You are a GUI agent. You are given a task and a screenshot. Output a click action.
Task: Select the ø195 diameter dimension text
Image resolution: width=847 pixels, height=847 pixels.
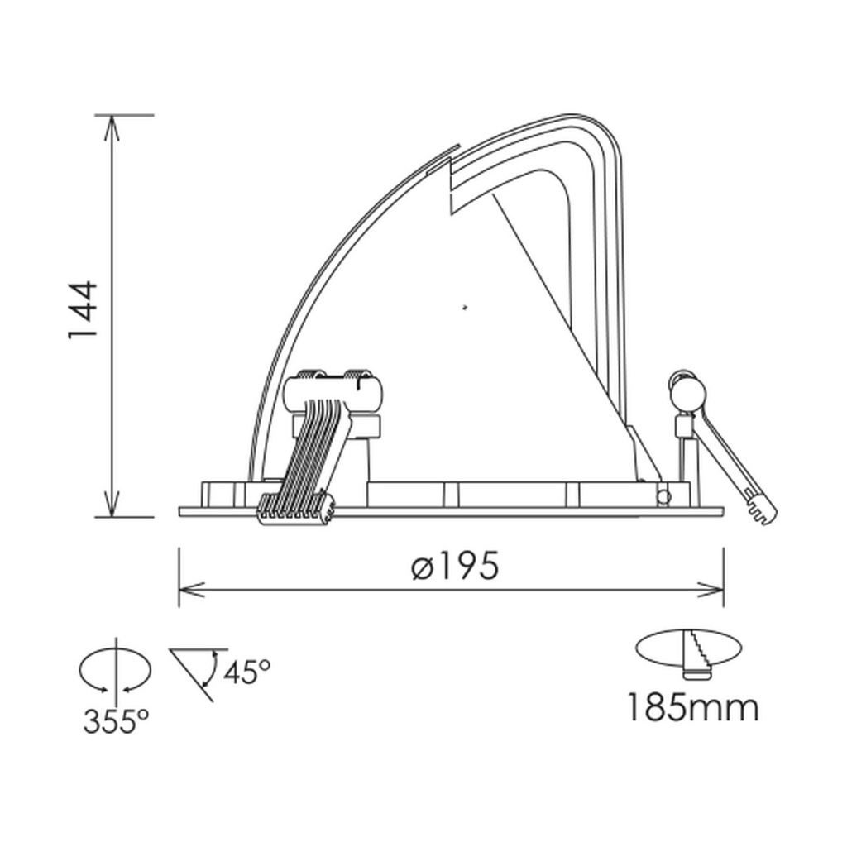(x=454, y=566)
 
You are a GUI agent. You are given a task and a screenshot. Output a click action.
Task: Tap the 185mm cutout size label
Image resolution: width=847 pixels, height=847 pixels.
(x=693, y=708)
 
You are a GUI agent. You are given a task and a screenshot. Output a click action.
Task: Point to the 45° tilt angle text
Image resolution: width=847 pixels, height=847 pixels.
(x=246, y=672)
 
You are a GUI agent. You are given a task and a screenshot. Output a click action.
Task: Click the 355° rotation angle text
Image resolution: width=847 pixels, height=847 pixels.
(x=116, y=721)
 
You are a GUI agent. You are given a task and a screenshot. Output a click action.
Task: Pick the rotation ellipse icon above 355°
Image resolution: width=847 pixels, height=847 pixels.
(x=115, y=670)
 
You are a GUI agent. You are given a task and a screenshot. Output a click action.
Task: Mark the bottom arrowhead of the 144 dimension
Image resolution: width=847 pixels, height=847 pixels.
(x=111, y=503)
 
